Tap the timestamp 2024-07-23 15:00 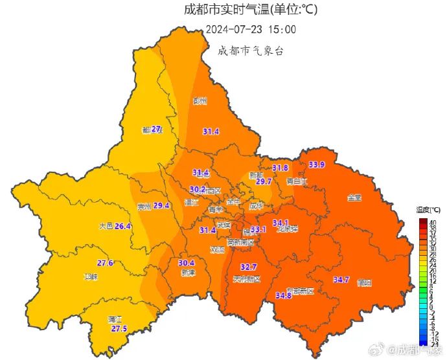point(251,30)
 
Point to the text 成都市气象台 point(251,51)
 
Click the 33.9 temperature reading point(317,164)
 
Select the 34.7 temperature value point(341,280)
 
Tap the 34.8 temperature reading point(283,295)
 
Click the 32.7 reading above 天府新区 point(249,267)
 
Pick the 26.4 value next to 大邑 point(123,226)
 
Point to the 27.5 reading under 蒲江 point(119,329)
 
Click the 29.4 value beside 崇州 point(161,205)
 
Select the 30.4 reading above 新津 point(186,263)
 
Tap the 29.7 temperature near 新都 point(264,182)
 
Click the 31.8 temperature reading point(280,168)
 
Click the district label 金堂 point(354,197)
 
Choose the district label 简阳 point(364,283)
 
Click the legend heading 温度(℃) point(428,210)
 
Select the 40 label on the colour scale point(433,223)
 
